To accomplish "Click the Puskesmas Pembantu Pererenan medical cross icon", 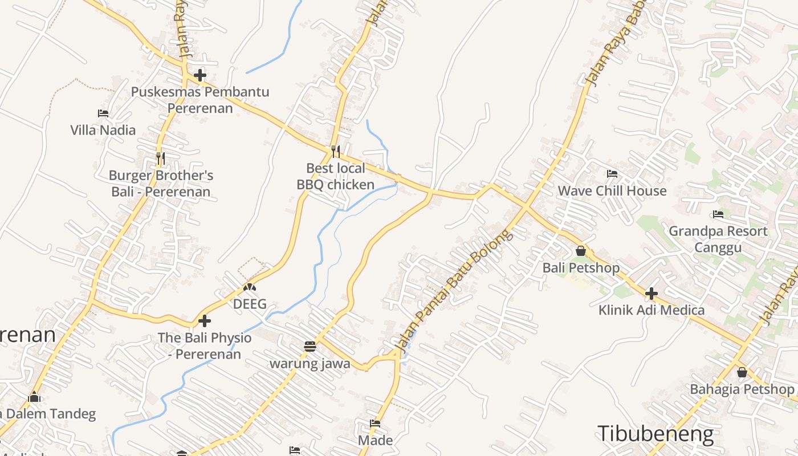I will tap(199, 75).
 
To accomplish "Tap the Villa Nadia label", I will tap(103, 130).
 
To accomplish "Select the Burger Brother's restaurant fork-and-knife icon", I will tap(161, 158).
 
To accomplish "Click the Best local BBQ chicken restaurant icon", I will tap(335, 151).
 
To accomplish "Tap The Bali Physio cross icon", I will tap(204, 321).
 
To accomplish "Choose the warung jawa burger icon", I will tap(310, 346).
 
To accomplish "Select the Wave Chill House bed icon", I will tap(612, 173).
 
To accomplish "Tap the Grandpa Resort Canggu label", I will tap(718, 239).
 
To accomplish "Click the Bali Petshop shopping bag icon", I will tap(581, 250).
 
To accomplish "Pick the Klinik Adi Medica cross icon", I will tap(652, 294).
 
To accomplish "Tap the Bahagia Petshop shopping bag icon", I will tap(742, 372).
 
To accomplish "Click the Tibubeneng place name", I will tap(655, 434).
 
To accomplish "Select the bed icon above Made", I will tap(375, 424).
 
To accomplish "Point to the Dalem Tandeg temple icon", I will tap(34, 397).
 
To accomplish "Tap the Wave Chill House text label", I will tap(612, 191).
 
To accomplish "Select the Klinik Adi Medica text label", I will tap(652, 311).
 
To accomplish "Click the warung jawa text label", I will tap(310, 364).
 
